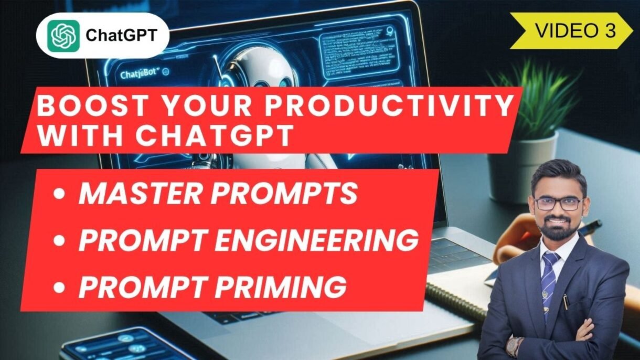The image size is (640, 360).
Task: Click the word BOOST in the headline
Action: (x=81, y=107)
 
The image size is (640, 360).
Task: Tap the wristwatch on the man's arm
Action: (x=514, y=346)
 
